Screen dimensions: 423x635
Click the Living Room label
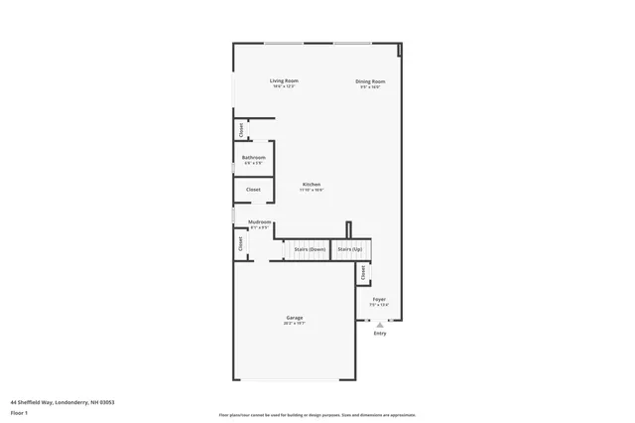click(x=284, y=80)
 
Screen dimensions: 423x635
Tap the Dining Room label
click(x=371, y=80)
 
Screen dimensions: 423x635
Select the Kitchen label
click(x=312, y=185)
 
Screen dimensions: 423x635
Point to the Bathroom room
click(x=253, y=159)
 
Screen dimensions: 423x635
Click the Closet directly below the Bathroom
click(x=253, y=189)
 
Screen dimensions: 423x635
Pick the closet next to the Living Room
click(x=240, y=129)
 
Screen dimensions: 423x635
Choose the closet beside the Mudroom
click(x=240, y=243)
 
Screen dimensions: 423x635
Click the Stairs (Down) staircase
click(x=310, y=249)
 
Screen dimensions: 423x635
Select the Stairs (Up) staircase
click(x=351, y=249)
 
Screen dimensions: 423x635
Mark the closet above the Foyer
click(x=363, y=272)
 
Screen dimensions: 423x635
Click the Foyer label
click(x=379, y=299)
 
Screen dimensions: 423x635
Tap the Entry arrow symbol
click(x=379, y=324)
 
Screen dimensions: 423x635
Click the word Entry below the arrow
click(x=379, y=334)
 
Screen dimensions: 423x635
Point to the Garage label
click(x=295, y=318)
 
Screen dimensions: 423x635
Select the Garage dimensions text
click(x=295, y=324)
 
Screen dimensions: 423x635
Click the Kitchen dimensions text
click(x=312, y=191)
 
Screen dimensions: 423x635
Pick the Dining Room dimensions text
click(x=371, y=86)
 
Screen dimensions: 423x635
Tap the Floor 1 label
click(x=20, y=411)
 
